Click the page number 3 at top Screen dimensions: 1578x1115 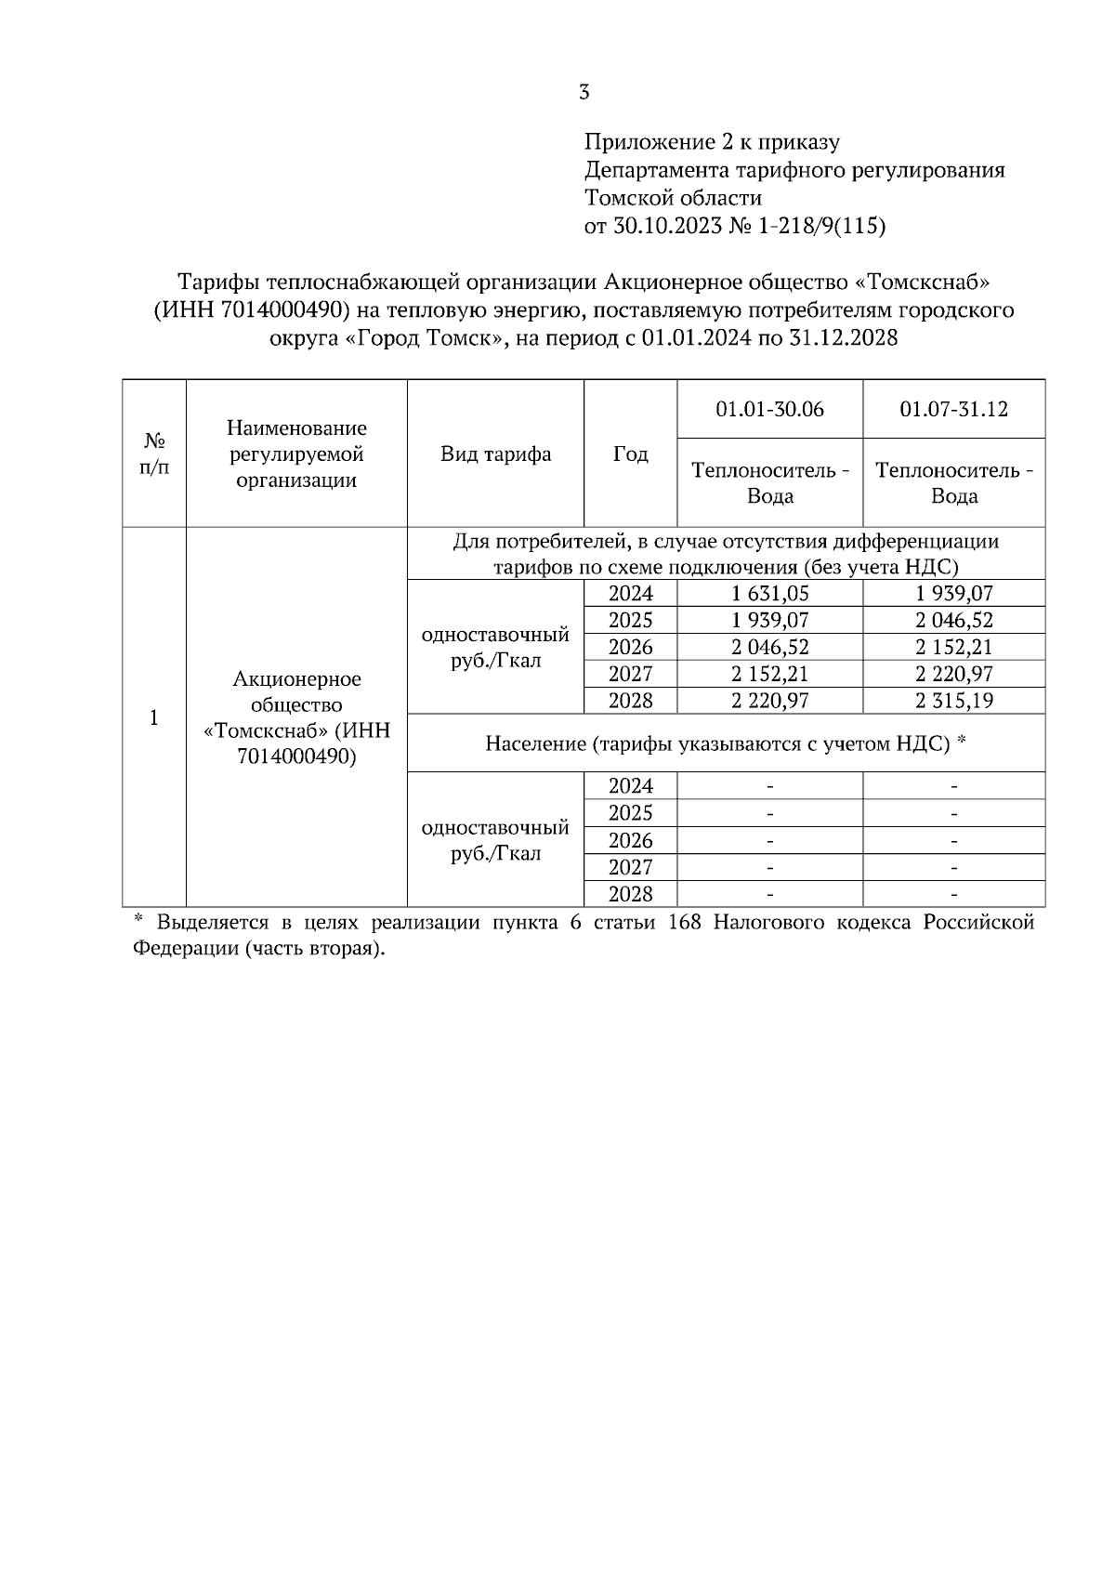(x=584, y=92)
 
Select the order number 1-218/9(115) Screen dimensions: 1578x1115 (x=821, y=226)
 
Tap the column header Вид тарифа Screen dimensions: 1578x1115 (x=495, y=454)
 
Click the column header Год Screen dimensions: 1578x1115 (x=630, y=454)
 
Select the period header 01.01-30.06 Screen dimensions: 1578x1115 (x=769, y=409)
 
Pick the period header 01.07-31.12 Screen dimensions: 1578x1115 (x=953, y=409)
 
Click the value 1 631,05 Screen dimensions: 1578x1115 (x=769, y=594)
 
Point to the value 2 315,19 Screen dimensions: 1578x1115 (x=953, y=701)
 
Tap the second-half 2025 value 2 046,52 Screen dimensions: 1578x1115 (x=953, y=621)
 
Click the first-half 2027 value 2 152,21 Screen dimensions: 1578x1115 (x=769, y=674)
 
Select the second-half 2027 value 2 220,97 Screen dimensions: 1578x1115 (x=953, y=674)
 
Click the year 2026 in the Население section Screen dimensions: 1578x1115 (x=630, y=840)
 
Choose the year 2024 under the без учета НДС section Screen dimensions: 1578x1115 (x=630, y=594)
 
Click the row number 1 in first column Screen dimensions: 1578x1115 (x=154, y=717)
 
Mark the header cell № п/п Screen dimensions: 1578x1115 (x=154, y=454)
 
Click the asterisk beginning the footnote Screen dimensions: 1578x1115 (x=138, y=921)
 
